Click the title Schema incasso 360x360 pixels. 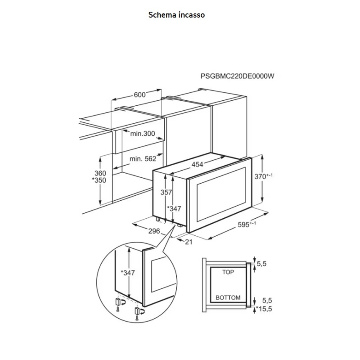(176, 15)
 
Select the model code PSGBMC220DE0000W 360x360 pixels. (237, 76)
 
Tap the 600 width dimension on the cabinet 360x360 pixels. (139, 94)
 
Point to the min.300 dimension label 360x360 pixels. (143, 134)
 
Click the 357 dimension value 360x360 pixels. (166, 193)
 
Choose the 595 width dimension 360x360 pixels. (246, 225)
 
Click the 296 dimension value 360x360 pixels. (154, 231)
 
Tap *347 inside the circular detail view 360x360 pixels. (128, 272)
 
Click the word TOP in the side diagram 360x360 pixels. (228, 272)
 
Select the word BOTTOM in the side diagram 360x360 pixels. (228, 298)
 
